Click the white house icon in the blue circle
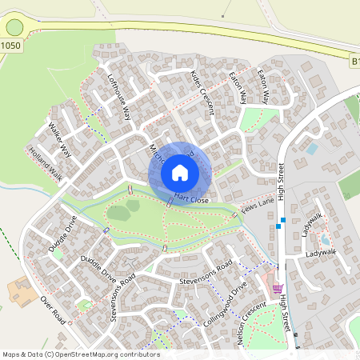click(x=179, y=172)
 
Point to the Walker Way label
click(x=60, y=139)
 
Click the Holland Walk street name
click(x=45, y=163)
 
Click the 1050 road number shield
click(x=11, y=46)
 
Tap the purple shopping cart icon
click(x=278, y=289)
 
